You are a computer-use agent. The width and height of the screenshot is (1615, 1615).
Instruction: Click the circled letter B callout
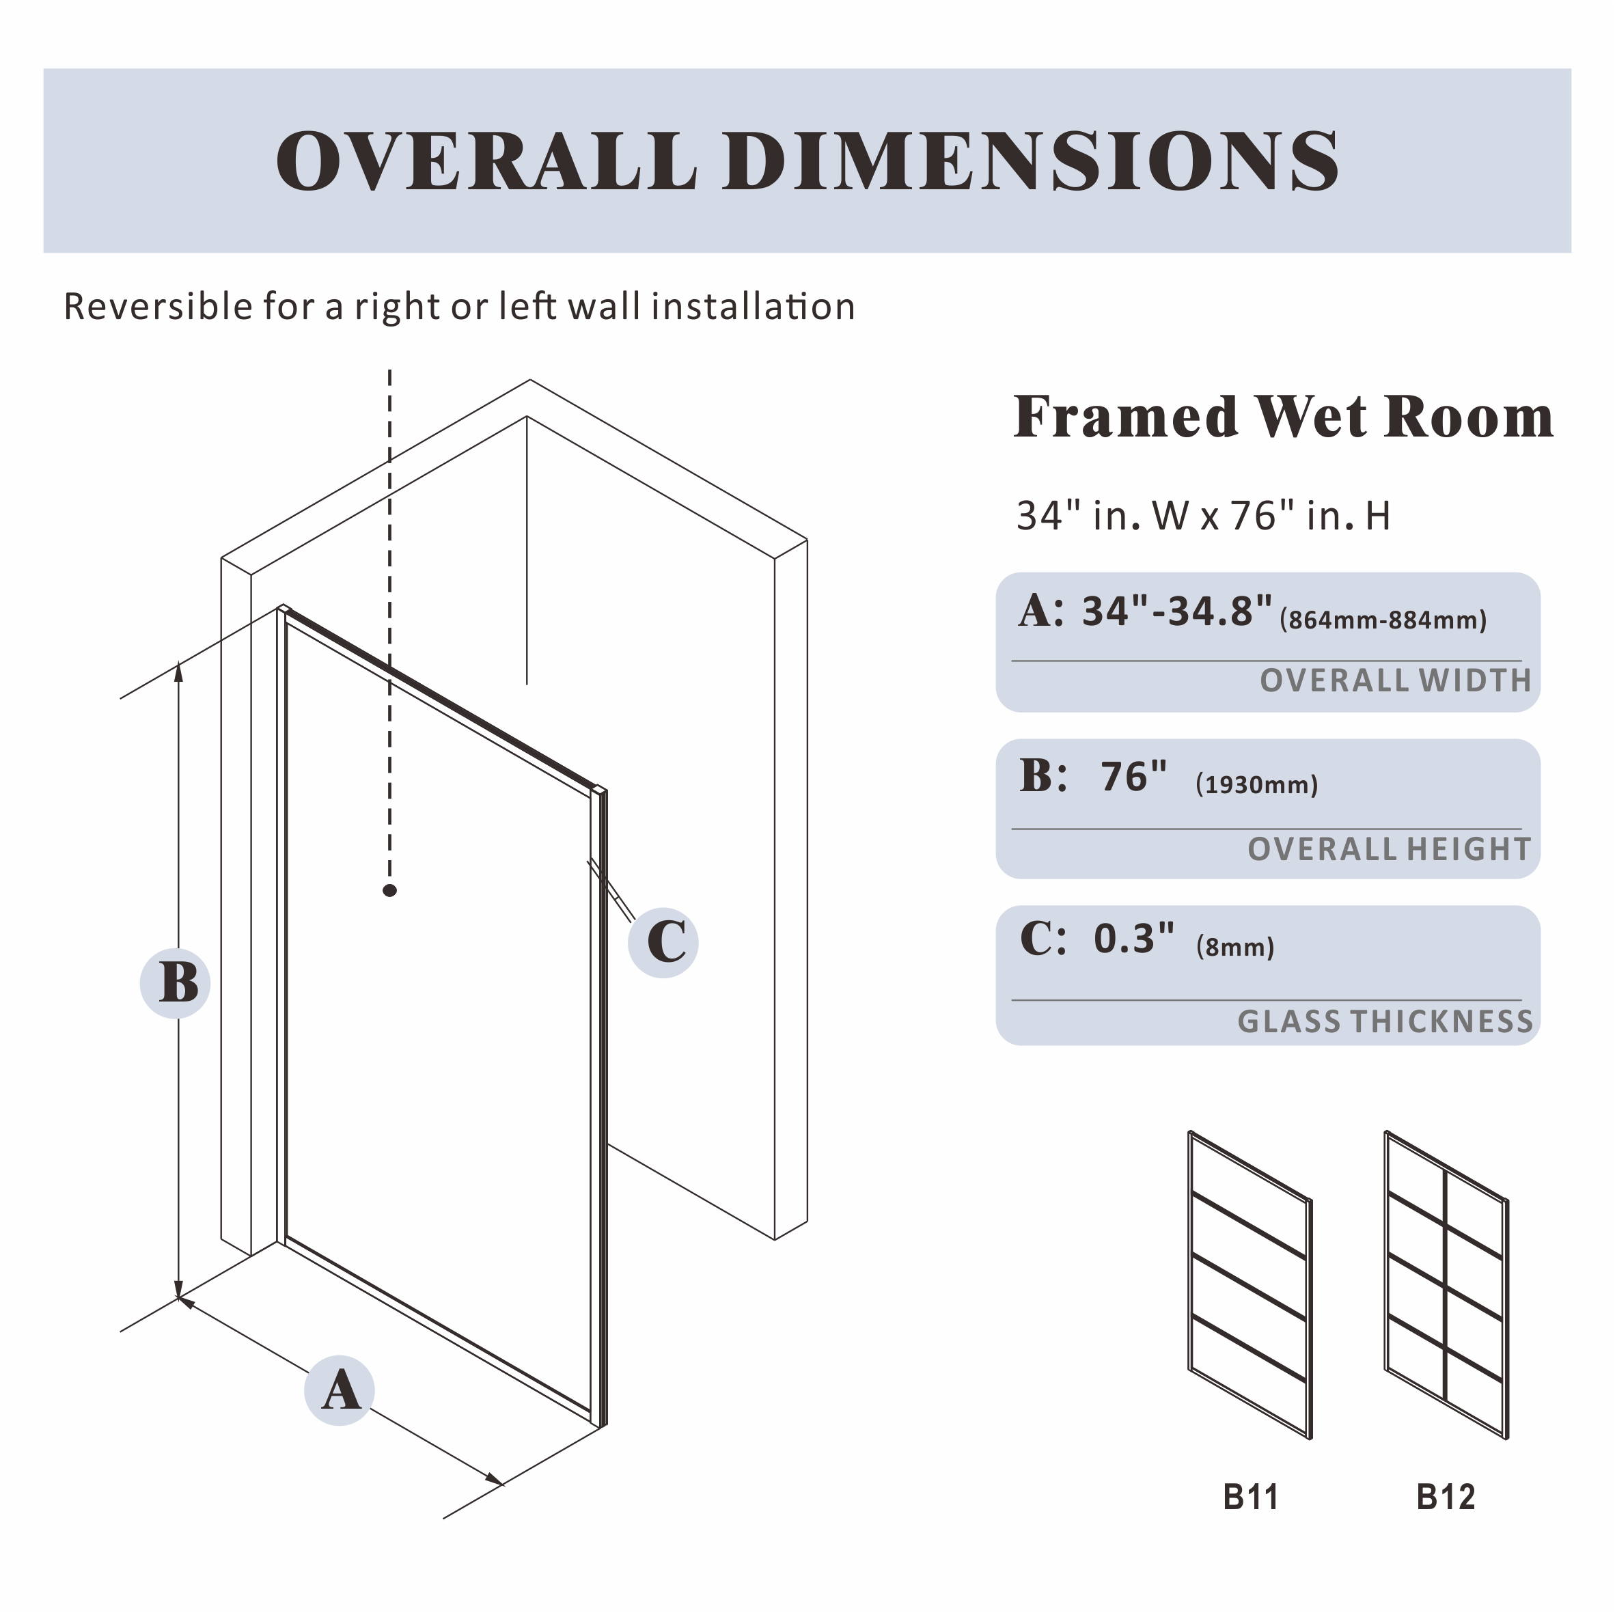click(175, 983)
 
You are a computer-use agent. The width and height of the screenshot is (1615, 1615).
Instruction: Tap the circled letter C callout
click(664, 943)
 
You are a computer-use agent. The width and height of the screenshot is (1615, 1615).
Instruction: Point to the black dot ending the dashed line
click(389, 890)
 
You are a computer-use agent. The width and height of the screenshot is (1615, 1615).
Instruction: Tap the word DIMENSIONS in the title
click(1032, 161)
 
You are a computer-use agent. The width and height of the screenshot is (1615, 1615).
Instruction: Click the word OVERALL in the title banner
click(486, 161)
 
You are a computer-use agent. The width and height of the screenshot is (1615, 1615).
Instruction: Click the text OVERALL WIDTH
click(1395, 680)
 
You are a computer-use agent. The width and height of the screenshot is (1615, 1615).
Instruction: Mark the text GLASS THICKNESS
click(1385, 1021)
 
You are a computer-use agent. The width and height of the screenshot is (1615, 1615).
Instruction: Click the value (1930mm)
click(1256, 784)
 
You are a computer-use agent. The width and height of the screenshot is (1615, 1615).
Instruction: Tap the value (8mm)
click(1234, 946)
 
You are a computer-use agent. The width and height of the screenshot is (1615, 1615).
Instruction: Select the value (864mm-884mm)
click(1383, 620)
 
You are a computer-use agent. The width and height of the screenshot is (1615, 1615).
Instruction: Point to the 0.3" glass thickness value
click(1134, 938)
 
